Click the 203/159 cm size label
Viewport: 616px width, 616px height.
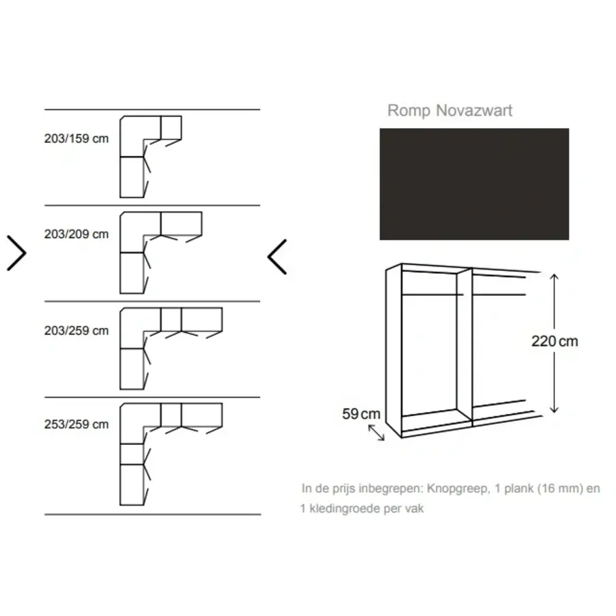[76, 138]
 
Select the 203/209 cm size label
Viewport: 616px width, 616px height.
[76, 234]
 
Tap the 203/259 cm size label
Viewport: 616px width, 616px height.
[76, 331]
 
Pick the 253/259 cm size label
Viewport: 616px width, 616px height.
[76, 424]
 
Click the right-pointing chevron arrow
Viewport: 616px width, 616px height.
[16, 253]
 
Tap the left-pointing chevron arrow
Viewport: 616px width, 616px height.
[277, 257]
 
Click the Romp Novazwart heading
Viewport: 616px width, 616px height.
[450, 110]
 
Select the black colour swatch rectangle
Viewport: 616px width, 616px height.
[474, 184]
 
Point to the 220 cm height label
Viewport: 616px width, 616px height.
[554, 342]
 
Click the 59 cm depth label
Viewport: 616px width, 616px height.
[361, 413]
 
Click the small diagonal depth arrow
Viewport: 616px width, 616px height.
[376, 433]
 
